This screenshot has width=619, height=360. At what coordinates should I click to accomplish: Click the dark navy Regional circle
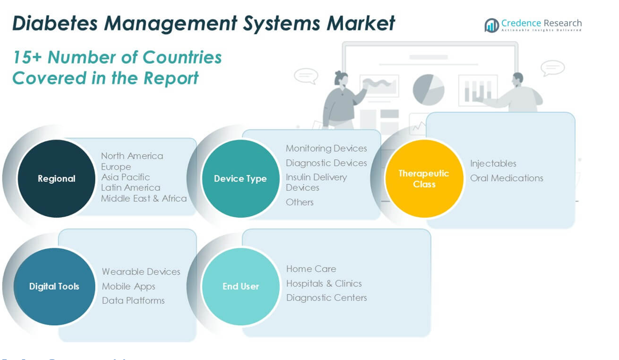(56, 178)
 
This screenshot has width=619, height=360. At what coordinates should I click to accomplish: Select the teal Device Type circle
(240, 178)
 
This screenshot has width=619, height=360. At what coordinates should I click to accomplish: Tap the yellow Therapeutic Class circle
(424, 178)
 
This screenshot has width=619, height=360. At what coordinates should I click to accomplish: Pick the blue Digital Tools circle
(54, 286)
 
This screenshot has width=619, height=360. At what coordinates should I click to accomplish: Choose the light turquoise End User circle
(240, 286)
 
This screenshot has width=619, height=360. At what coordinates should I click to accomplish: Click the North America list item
(132, 156)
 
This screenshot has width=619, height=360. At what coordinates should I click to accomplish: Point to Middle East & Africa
(144, 198)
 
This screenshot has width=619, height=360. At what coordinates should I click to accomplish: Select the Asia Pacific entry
(125, 177)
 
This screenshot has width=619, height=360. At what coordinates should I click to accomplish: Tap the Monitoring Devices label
(326, 148)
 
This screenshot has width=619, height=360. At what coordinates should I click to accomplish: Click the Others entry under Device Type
(300, 202)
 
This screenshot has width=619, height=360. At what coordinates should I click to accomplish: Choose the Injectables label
(493, 163)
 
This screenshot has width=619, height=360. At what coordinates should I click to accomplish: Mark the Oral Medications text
(506, 178)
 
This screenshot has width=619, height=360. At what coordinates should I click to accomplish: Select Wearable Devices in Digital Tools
(141, 272)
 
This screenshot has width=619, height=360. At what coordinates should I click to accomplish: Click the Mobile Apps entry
(128, 286)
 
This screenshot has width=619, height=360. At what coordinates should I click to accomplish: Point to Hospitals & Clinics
(324, 283)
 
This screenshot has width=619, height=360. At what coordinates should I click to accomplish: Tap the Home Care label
(311, 269)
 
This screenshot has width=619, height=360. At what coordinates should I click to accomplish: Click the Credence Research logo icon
(491, 25)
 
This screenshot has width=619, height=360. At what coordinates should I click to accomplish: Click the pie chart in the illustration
(428, 89)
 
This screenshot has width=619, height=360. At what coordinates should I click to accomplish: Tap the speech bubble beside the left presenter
(306, 76)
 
